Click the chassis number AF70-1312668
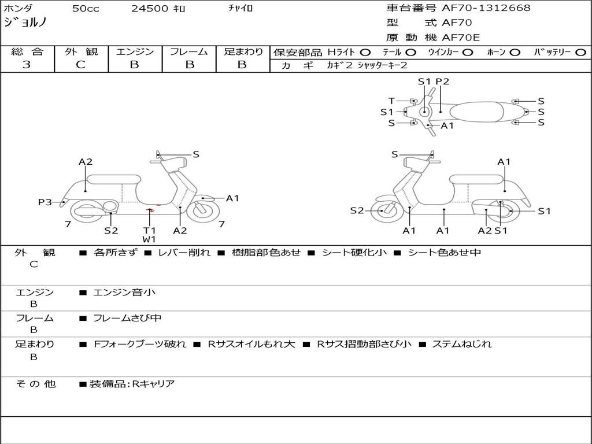486,8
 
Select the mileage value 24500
150,8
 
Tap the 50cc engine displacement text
86,8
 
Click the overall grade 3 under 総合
27,65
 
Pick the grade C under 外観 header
80,65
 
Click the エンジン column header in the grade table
135,51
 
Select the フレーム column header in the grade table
189,51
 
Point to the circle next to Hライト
365,53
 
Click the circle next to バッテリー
580,53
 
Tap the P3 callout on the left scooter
45,202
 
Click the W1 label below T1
149,239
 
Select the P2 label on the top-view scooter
442,81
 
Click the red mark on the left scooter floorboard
150,210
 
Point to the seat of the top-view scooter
476,112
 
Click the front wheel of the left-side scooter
203,211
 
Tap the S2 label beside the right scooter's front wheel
357,210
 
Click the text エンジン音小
124,292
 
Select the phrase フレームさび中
127,318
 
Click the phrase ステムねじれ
462,344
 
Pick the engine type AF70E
461,38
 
